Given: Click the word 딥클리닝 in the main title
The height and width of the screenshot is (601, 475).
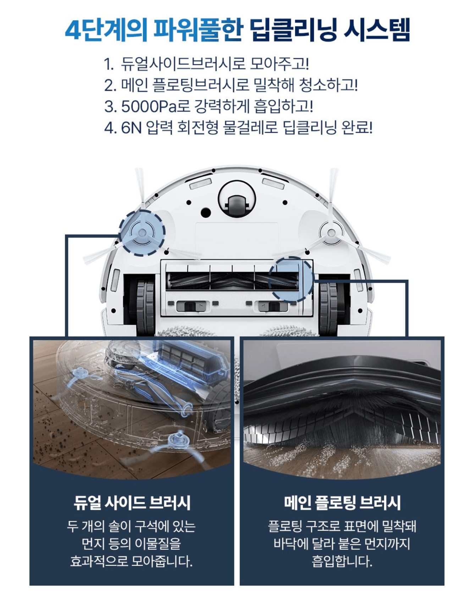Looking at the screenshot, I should click(293, 30).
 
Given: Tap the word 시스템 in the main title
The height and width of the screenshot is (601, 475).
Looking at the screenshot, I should click(377, 30).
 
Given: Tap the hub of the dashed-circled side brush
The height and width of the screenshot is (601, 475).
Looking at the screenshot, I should click(142, 233).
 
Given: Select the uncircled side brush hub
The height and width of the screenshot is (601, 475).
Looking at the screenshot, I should click(331, 233).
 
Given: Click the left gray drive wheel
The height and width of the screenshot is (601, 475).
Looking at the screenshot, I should click(145, 307).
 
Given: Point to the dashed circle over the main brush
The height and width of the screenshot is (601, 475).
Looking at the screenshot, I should click(291, 280).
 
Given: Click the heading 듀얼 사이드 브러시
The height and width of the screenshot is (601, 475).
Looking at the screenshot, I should click(132, 503).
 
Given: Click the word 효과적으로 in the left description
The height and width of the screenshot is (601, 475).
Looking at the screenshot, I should click(99, 561).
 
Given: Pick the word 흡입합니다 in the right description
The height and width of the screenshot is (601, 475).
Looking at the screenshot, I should click(342, 561).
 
